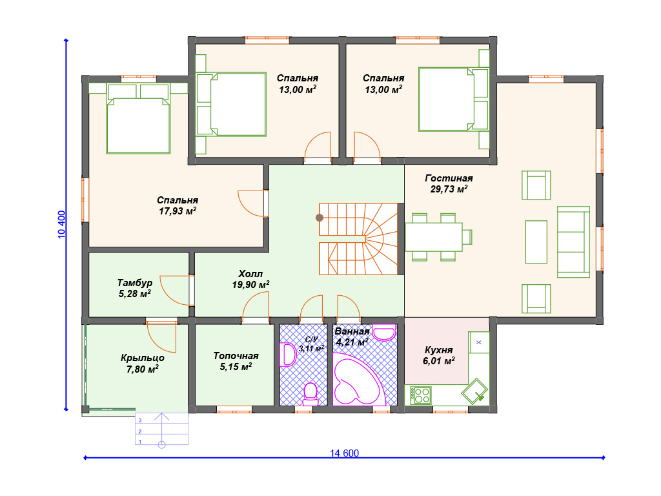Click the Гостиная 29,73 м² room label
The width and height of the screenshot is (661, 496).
pos(449,184)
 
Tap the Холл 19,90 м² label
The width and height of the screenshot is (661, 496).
pos(251,279)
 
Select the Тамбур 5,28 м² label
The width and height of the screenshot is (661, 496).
pos(135,288)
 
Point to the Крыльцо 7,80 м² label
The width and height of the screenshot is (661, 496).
pos(143,364)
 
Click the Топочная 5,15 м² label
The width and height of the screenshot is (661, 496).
pos(236,362)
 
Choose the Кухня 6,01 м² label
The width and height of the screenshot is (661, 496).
pos(439,356)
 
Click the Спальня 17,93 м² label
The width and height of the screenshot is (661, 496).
pos(178,206)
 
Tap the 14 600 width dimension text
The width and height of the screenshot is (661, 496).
pos(345,453)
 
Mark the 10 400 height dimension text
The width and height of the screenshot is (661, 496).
pos(61,224)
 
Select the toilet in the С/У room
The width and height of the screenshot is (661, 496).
pos(311,393)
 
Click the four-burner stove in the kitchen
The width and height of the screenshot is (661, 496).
pos(421,396)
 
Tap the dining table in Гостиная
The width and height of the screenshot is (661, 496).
pos(434,236)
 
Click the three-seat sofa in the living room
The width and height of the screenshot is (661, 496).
pos(573,242)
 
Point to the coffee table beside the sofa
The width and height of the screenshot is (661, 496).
pos(536,242)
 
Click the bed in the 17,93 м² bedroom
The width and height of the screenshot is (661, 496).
pos(138,119)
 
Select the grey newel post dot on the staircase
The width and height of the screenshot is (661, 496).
pos(320,218)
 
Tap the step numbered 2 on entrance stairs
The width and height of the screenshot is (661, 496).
pos(161,431)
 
